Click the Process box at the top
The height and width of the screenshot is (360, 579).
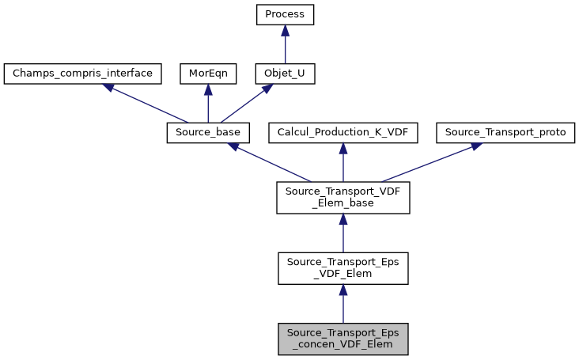pyautogui.click(x=285, y=14)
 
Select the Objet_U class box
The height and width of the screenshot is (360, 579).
pyautogui.click(x=285, y=74)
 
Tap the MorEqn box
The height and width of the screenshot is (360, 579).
pyautogui.click(x=207, y=74)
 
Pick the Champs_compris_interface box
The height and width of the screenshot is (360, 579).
pyautogui.click(x=83, y=74)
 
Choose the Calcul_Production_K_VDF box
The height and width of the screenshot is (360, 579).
pyautogui.click(x=342, y=133)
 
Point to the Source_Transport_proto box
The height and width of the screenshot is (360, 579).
pyautogui.click(x=505, y=133)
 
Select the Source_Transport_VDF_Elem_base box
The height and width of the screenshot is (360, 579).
pyautogui.click(x=342, y=197)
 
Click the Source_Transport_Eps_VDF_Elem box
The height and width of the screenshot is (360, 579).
pyautogui.click(x=342, y=268)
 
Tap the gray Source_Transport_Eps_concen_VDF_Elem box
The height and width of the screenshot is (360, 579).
pyautogui.click(x=342, y=339)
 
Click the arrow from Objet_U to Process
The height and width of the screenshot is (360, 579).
pyautogui.click(x=285, y=44)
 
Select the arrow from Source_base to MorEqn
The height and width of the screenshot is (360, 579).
pyautogui.click(x=208, y=104)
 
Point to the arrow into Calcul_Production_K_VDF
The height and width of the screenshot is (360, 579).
pyautogui.click(x=342, y=163)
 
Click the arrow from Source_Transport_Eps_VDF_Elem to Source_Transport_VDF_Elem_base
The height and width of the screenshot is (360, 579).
pyautogui.click(x=342, y=233)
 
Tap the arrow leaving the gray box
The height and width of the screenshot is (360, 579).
pyautogui.click(x=342, y=304)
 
